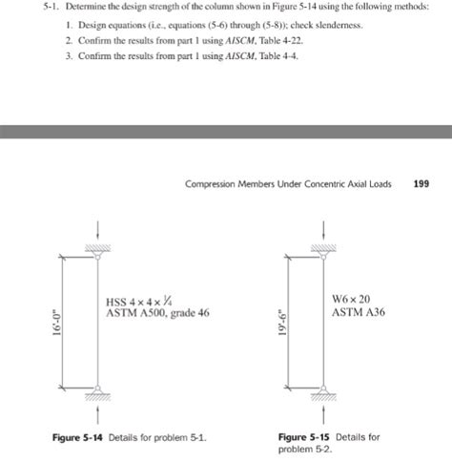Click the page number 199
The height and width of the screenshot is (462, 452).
[421, 185]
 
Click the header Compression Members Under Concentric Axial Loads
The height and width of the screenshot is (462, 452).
[289, 185]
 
